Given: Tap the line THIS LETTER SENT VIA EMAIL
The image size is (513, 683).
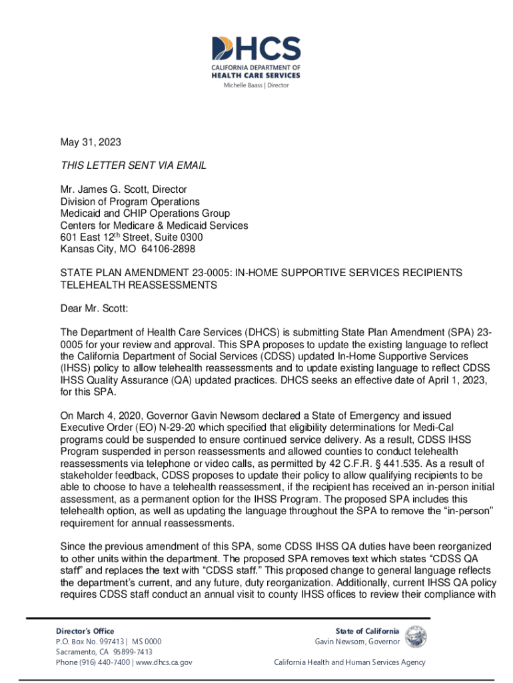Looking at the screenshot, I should (x=133, y=165).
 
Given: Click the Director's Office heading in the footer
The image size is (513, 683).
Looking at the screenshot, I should (x=85, y=631).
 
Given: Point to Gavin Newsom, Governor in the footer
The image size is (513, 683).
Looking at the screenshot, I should (x=357, y=642).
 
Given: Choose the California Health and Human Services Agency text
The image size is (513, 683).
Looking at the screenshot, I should (x=350, y=662).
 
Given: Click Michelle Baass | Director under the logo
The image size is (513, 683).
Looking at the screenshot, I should (x=256, y=85).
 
